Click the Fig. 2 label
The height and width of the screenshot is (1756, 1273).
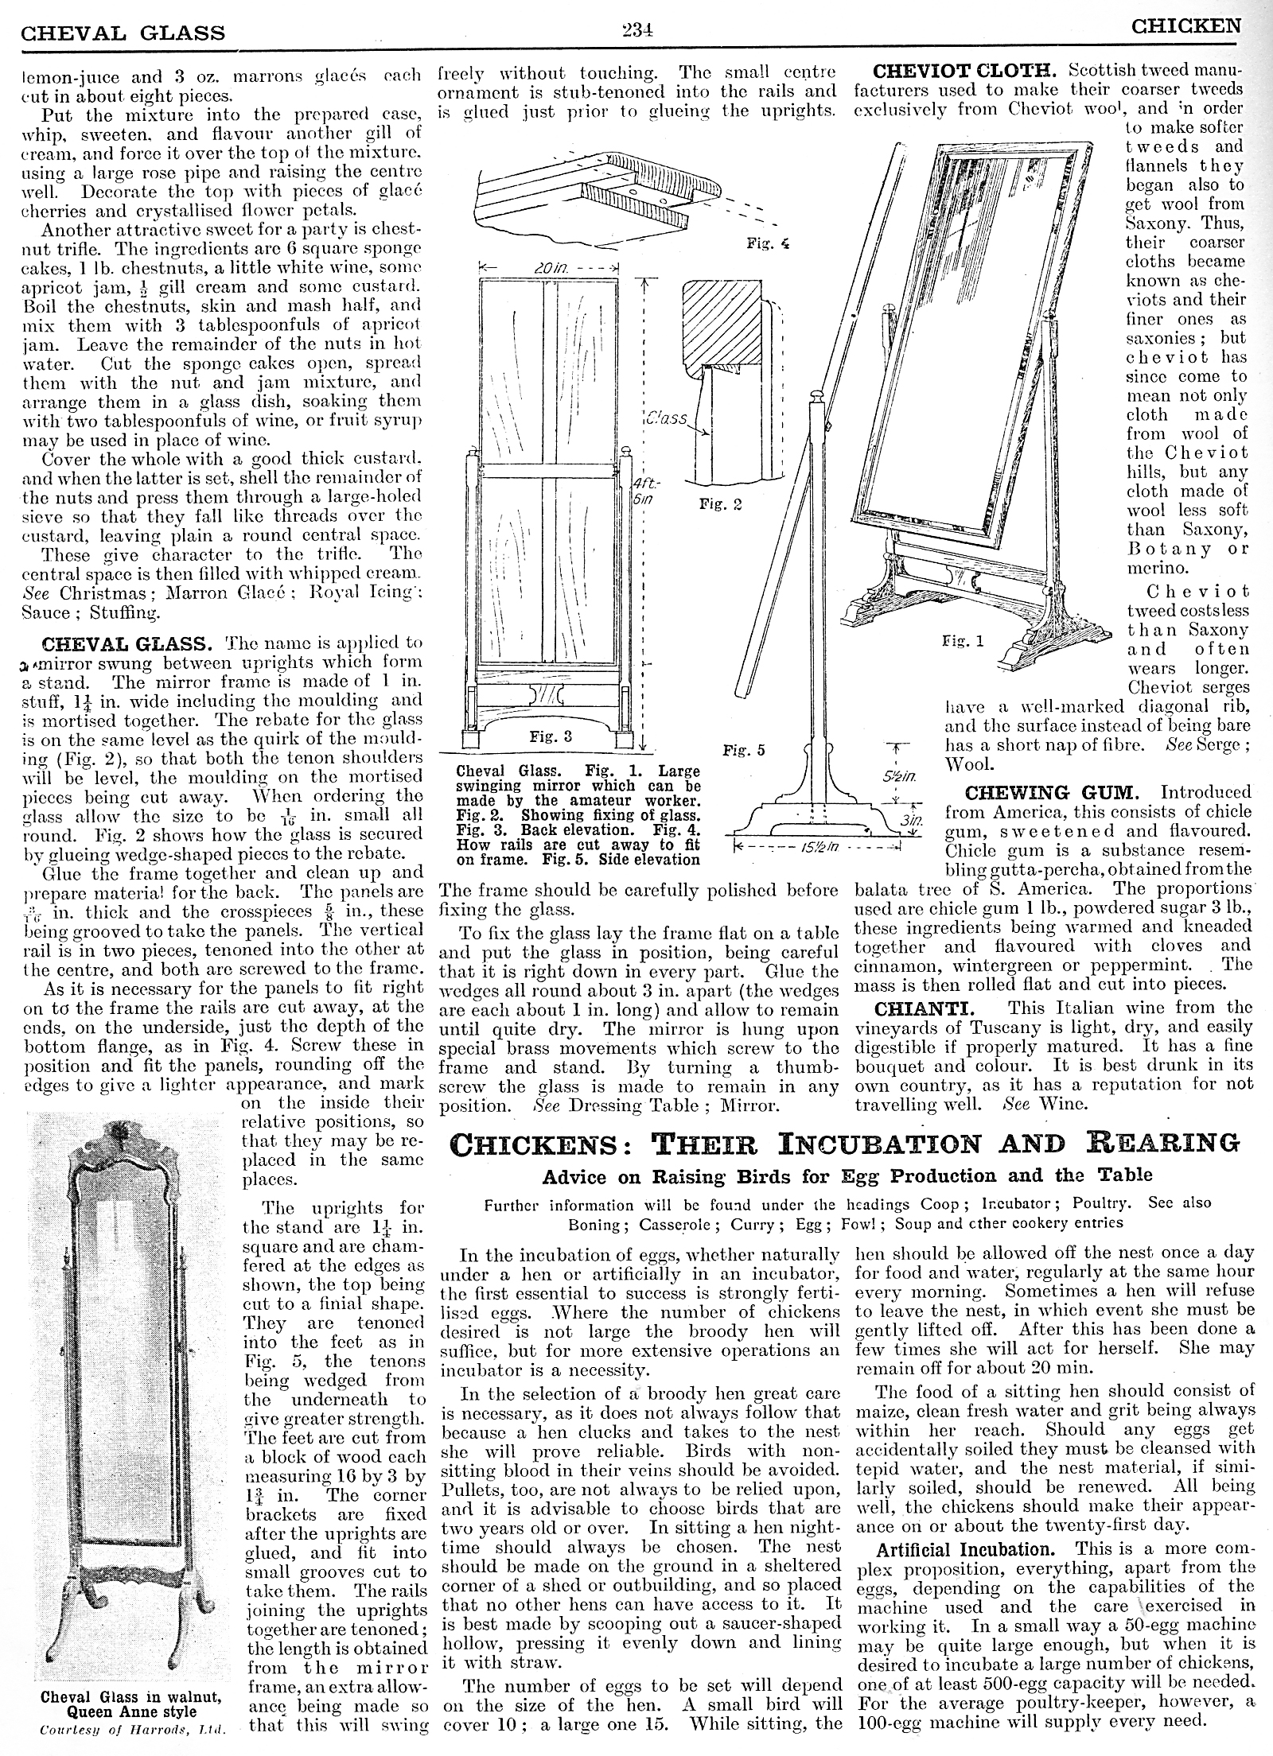point(721,504)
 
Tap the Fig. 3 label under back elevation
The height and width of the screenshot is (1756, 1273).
point(551,736)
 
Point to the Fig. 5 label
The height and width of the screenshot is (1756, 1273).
point(744,751)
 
